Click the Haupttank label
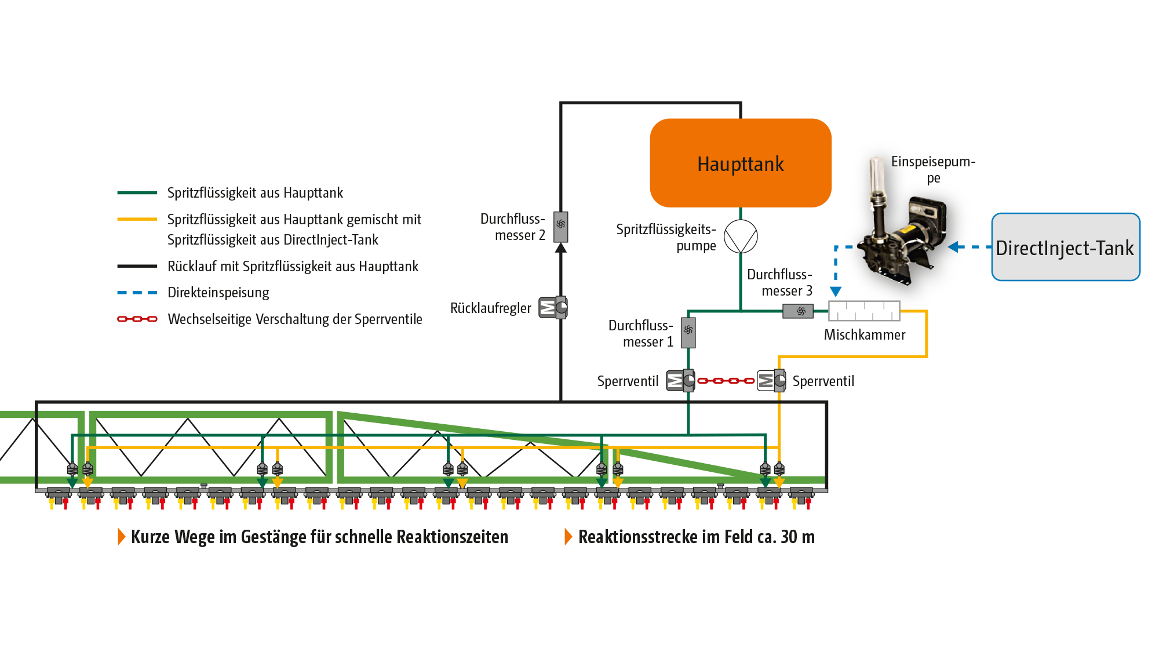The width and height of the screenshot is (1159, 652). (x=740, y=165)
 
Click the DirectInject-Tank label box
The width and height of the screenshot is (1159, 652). (x=1065, y=247)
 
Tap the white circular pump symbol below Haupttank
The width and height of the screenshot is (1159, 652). (x=741, y=236)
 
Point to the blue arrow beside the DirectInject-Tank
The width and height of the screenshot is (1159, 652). (x=956, y=247)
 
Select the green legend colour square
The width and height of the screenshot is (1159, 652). (x=137, y=204)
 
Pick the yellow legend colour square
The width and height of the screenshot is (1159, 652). (x=137, y=241)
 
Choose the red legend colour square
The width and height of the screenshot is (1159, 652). (x=137, y=342)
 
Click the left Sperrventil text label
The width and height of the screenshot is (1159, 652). (x=628, y=383)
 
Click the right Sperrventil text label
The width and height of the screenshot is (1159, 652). (x=823, y=383)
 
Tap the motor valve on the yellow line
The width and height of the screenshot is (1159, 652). (x=771, y=381)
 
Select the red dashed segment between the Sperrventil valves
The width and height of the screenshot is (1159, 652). (x=726, y=383)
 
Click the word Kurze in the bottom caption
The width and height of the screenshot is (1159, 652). (x=151, y=537)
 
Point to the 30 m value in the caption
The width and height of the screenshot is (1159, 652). (x=797, y=537)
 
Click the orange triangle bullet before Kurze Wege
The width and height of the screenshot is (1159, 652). (x=121, y=537)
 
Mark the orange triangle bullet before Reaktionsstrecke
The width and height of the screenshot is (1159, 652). (x=568, y=537)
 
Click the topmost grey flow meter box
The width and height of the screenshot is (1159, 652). (x=560, y=226)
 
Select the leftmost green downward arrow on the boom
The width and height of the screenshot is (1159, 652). (x=72, y=482)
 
